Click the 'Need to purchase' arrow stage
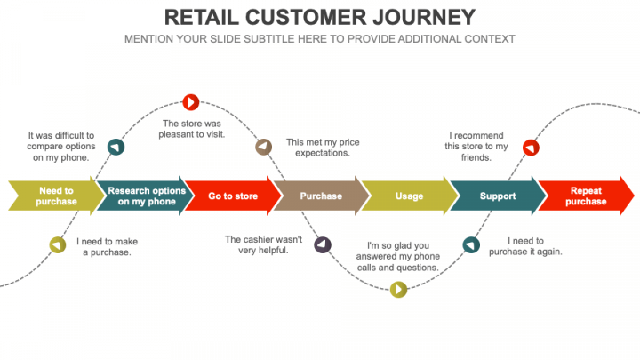(x=55, y=196)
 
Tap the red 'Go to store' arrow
(x=232, y=196)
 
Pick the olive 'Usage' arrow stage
(x=408, y=196)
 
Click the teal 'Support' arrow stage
(x=497, y=196)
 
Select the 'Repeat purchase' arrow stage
(x=585, y=196)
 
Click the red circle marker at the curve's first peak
(x=190, y=102)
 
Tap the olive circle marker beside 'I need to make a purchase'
(x=57, y=244)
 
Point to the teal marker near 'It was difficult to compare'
(x=116, y=147)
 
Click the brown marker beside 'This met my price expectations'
(x=263, y=147)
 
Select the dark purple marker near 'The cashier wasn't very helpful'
(x=323, y=244)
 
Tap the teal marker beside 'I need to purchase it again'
(x=471, y=244)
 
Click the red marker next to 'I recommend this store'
(x=531, y=147)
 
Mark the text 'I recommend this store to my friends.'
(x=476, y=147)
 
